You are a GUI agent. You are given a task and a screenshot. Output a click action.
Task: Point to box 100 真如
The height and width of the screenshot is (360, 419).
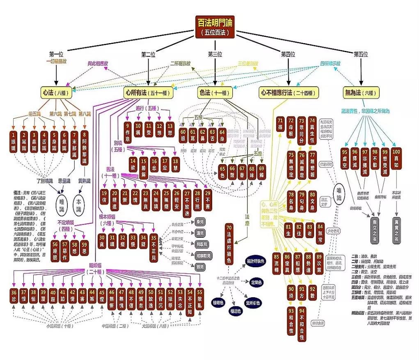click(x=396, y=156)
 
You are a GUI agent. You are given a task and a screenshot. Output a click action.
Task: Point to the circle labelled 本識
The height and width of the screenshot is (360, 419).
click(x=79, y=202)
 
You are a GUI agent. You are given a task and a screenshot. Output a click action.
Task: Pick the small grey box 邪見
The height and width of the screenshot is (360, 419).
click(x=201, y=267)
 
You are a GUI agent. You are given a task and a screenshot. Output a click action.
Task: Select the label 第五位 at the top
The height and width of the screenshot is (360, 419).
click(x=361, y=54)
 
